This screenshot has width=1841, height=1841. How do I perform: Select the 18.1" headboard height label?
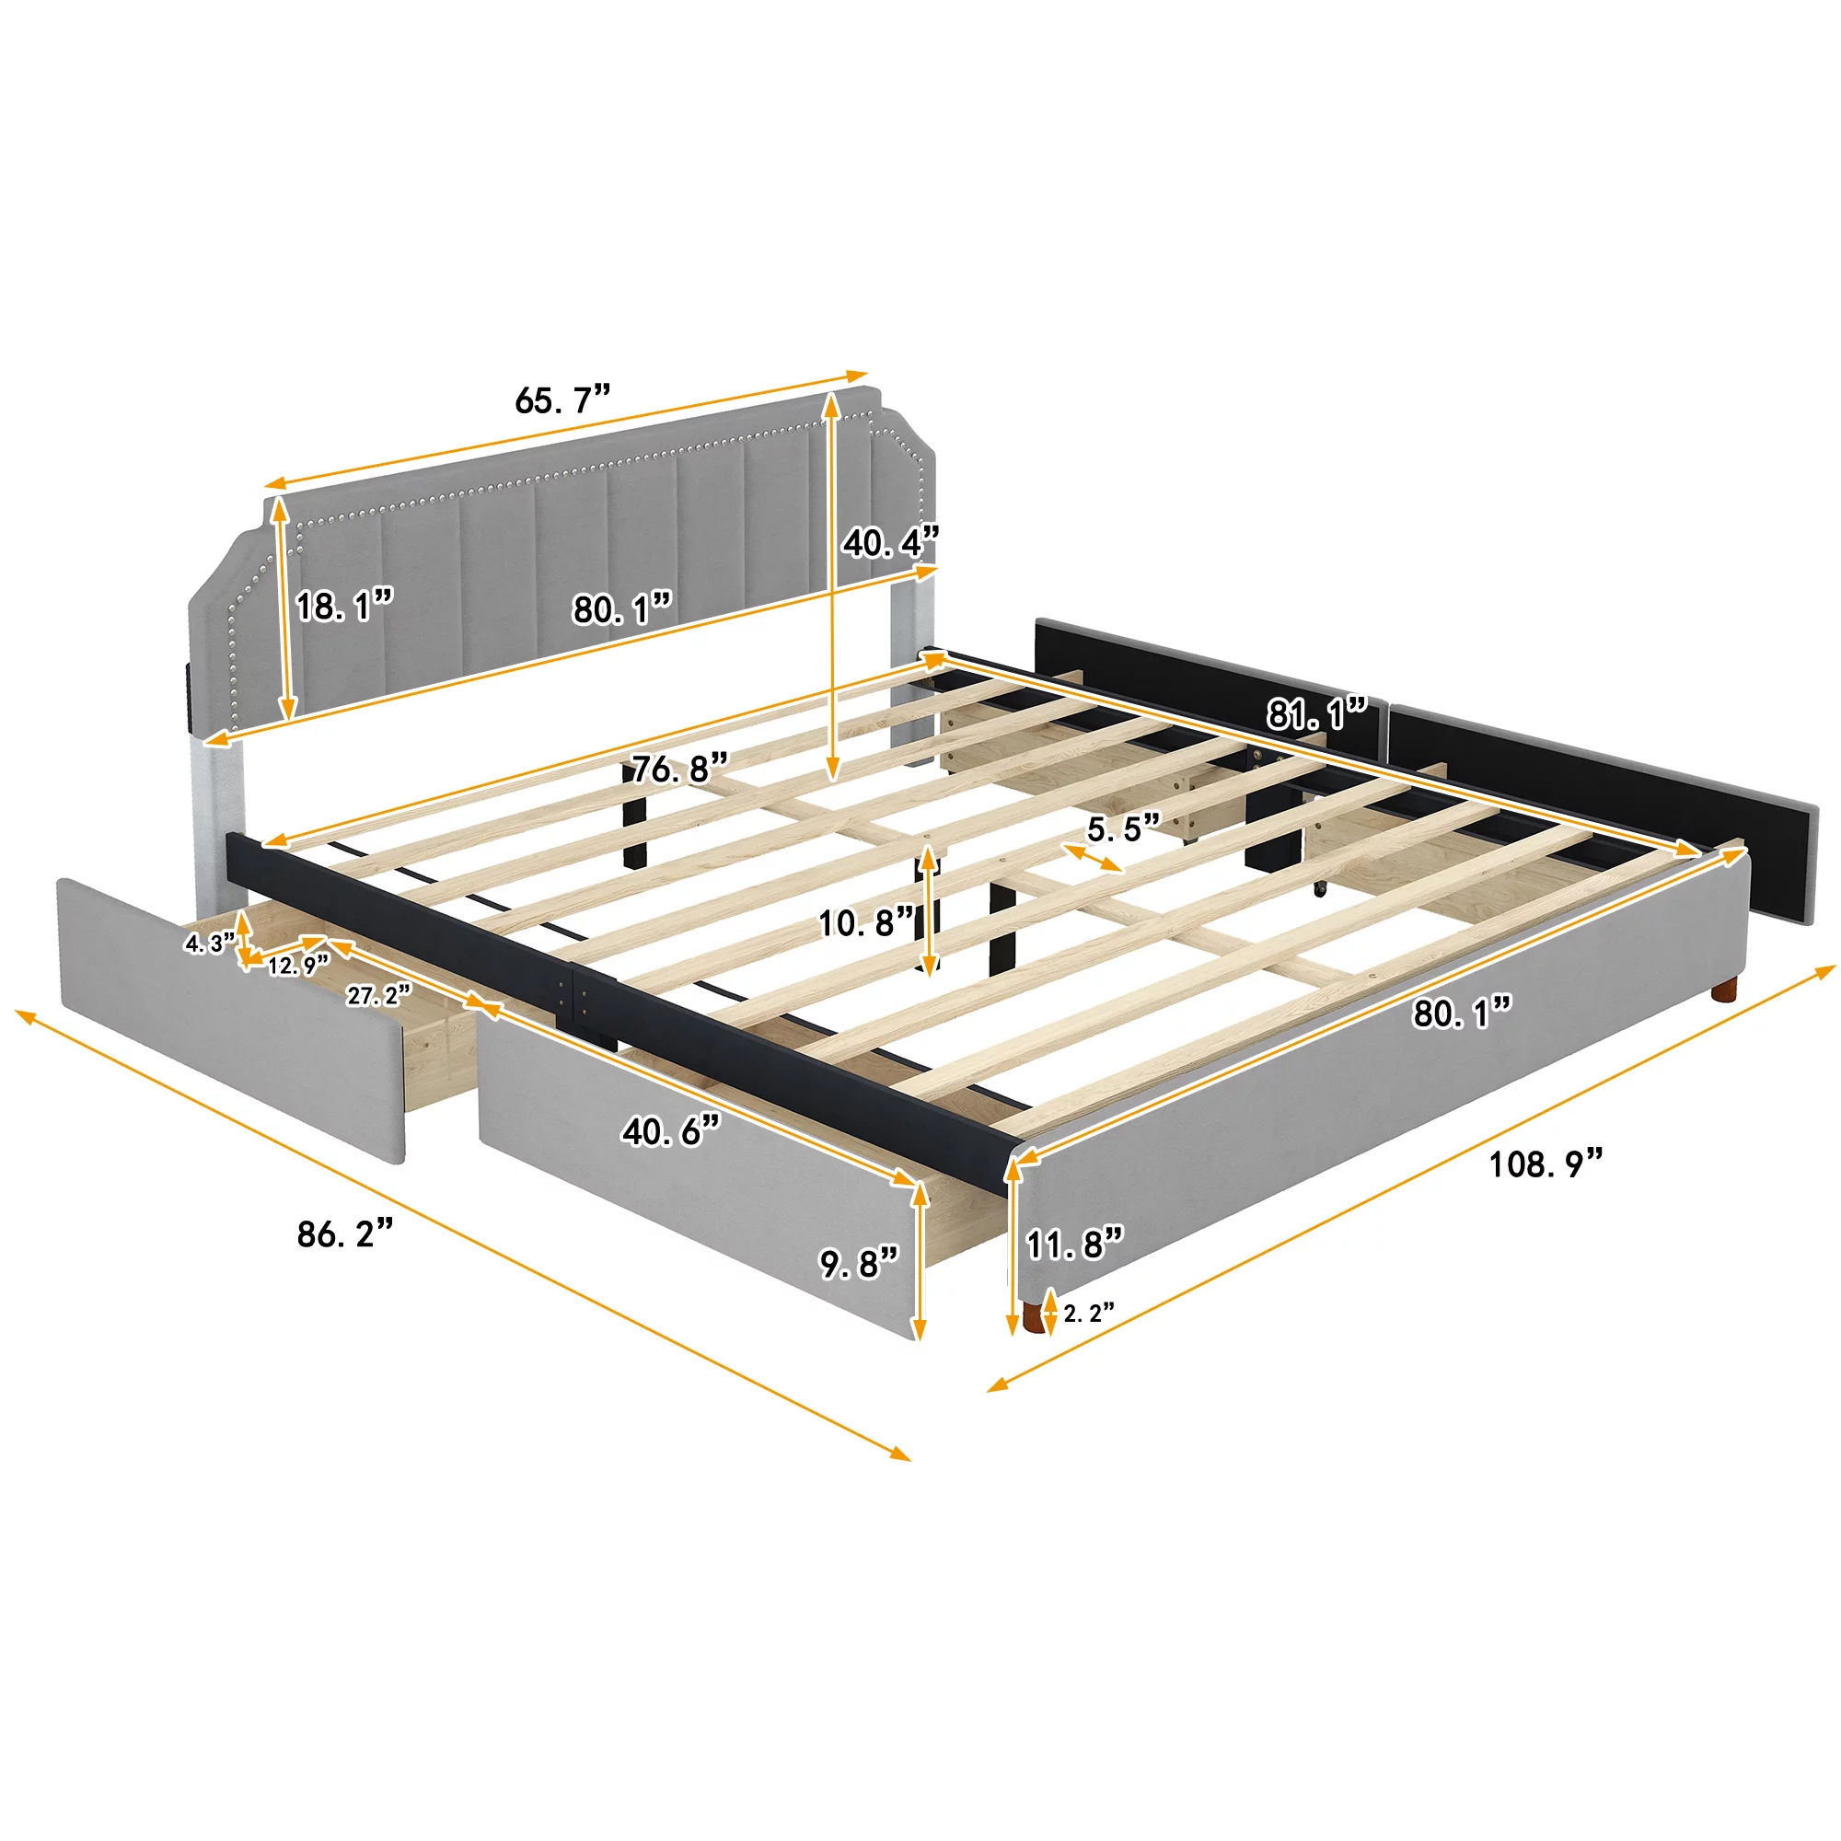(x=344, y=606)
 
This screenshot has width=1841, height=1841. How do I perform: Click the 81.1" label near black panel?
(x=1317, y=712)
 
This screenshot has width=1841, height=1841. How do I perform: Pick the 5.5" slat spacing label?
(x=1125, y=828)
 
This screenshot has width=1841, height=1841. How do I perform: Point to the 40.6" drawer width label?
(x=671, y=1131)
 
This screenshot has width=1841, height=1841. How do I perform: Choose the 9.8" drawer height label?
(x=860, y=1264)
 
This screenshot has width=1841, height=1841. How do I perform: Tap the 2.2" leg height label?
(x=1088, y=1314)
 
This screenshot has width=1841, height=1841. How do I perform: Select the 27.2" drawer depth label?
(x=378, y=996)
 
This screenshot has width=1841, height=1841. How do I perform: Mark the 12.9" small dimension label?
(x=297, y=967)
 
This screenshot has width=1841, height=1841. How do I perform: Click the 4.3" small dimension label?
(x=209, y=944)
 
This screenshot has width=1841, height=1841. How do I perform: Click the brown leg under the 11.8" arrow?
(x=1032, y=1318)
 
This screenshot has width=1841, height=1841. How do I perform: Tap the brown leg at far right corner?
(x=1723, y=991)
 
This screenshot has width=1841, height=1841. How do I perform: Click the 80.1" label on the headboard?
(x=622, y=608)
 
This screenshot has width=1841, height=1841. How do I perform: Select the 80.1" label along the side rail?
(x=1462, y=1013)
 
